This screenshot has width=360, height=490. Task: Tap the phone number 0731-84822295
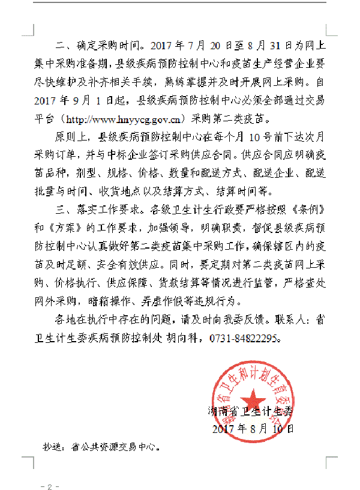point(244,339)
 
